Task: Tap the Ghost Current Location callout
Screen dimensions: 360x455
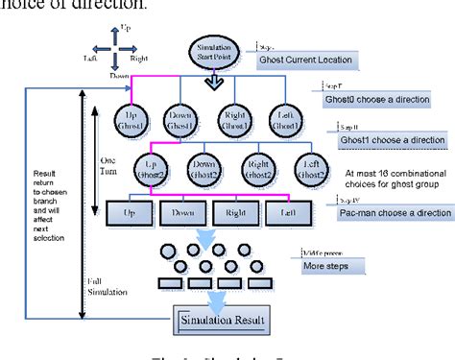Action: point(306,60)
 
